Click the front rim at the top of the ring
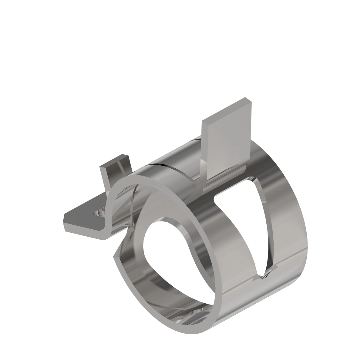click(x=152, y=179)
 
